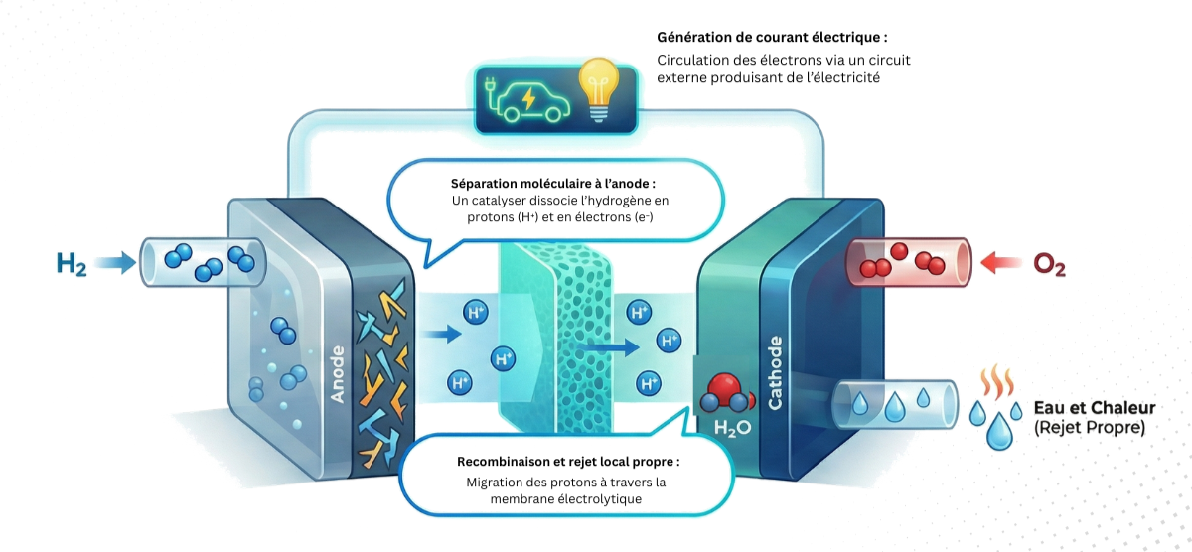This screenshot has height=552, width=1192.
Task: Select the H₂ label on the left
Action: tap(71, 263)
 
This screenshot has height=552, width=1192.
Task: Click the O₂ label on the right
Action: tap(1049, 264)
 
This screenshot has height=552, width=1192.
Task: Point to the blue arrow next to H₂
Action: tap(117, 263)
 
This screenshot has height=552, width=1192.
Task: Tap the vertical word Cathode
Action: tap(776, 372)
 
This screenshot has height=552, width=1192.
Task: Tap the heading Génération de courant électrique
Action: tap(772, 37)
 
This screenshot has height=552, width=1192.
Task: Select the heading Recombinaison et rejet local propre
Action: tap(568, 463)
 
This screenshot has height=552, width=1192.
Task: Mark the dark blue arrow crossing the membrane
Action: tap(608, 347)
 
